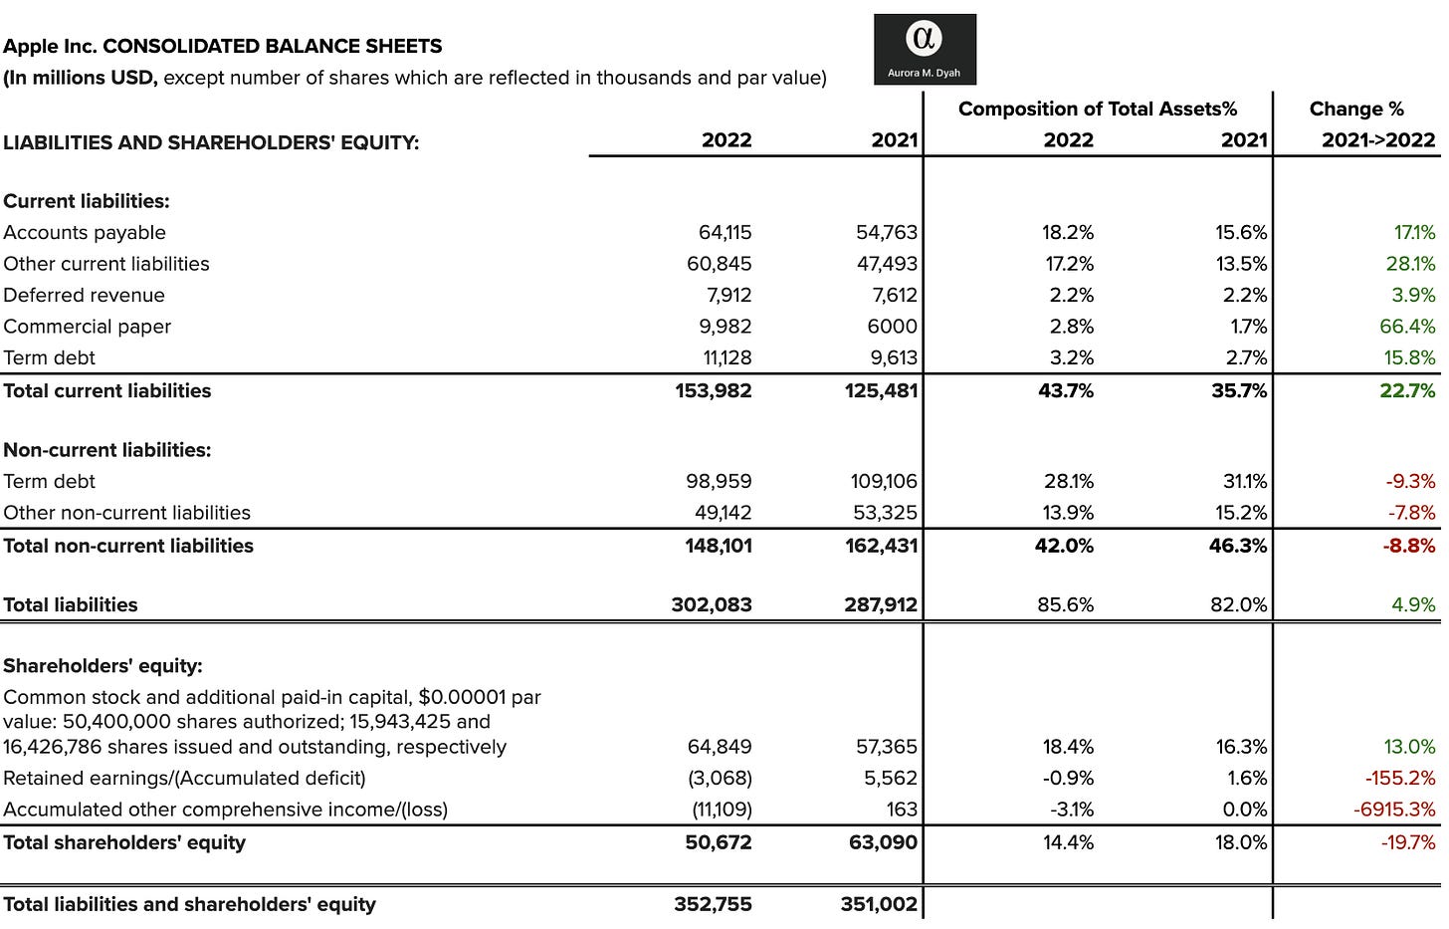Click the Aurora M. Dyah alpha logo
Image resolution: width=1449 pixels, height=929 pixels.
click(x=924, y=48)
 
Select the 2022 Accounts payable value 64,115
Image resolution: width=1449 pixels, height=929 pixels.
click(x=724, y=232)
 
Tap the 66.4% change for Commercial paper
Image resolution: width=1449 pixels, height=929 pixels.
click(x=1407, y=327)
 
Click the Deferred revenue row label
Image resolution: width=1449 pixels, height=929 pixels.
click(x=84, y=295)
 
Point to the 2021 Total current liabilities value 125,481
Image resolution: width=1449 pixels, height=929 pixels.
click(x=881, y=390)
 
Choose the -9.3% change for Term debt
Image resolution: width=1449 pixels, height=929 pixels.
click(x=1410, y=481)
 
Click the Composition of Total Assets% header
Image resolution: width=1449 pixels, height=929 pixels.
click(x=1097, y=109)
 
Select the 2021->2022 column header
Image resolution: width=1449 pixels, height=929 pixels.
click(x=1377, y=140)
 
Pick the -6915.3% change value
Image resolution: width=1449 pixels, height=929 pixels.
click(x=1393, y=810)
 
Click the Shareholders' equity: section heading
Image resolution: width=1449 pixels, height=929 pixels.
click(x=103, y=666)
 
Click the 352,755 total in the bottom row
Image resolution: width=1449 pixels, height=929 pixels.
click(x=713, y=904)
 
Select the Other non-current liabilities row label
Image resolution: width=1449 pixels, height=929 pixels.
click(x=126, y=513)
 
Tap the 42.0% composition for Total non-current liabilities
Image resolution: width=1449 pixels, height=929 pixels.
click(x=1064, y=546)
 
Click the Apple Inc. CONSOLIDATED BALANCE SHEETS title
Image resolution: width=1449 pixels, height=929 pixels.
click(x=223, y=46)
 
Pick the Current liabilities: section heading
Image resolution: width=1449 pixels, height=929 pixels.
click(x=87, y=201)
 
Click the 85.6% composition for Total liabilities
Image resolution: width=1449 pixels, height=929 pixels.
click(x=1065, y=604)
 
